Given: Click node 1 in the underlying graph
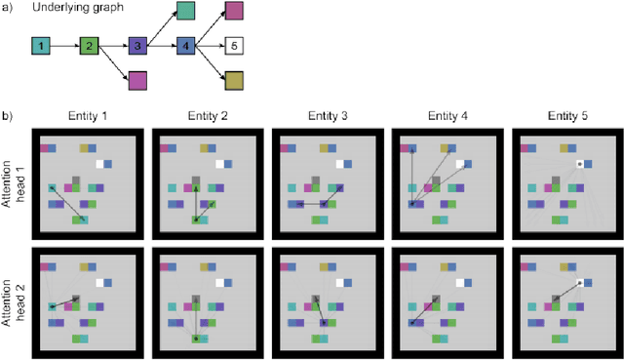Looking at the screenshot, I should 40,46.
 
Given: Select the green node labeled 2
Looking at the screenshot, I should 90,46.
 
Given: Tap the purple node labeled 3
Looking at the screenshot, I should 138,46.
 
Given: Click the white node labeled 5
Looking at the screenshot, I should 236,46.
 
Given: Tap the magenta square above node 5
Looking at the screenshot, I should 236,12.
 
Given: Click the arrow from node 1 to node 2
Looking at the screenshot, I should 64,46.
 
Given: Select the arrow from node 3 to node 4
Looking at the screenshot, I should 163,46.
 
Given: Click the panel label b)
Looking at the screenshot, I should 8,115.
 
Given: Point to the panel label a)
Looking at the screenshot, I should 8,9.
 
